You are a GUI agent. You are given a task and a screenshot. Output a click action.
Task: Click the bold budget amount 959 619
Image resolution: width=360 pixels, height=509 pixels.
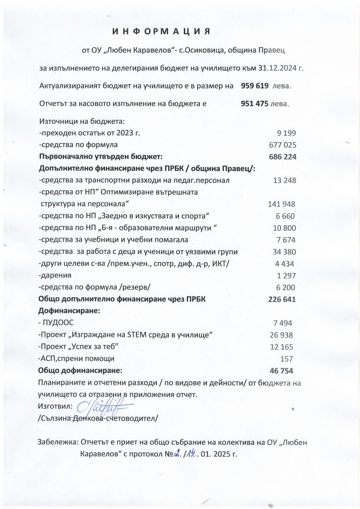(255, 86)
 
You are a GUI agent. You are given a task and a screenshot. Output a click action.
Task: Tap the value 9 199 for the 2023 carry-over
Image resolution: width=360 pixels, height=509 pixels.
(285, 133)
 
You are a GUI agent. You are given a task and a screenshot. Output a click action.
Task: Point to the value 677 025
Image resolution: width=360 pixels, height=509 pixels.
(282, 145)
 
